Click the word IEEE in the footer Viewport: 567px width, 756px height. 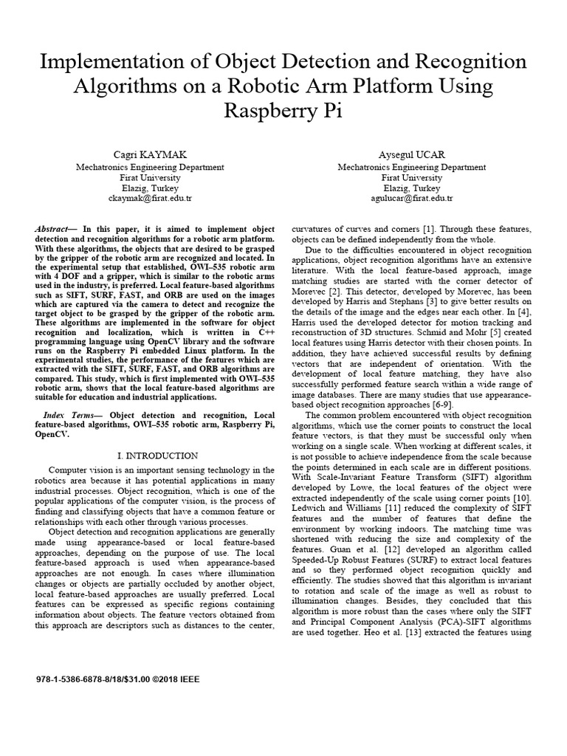[x=188, y=678]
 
